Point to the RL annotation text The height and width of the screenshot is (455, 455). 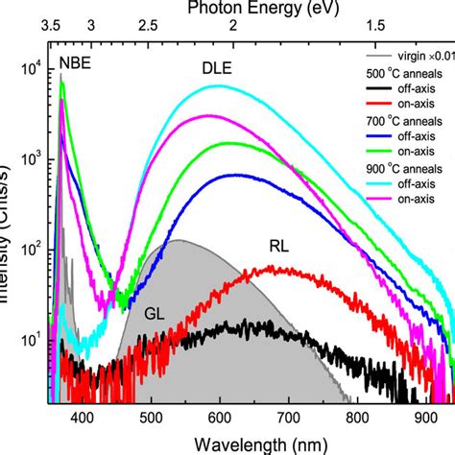(279, 247)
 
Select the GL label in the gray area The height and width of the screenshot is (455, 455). (155, 313)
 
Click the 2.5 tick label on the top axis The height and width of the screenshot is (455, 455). (149, 26)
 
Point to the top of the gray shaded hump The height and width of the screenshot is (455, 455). (179, 240)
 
